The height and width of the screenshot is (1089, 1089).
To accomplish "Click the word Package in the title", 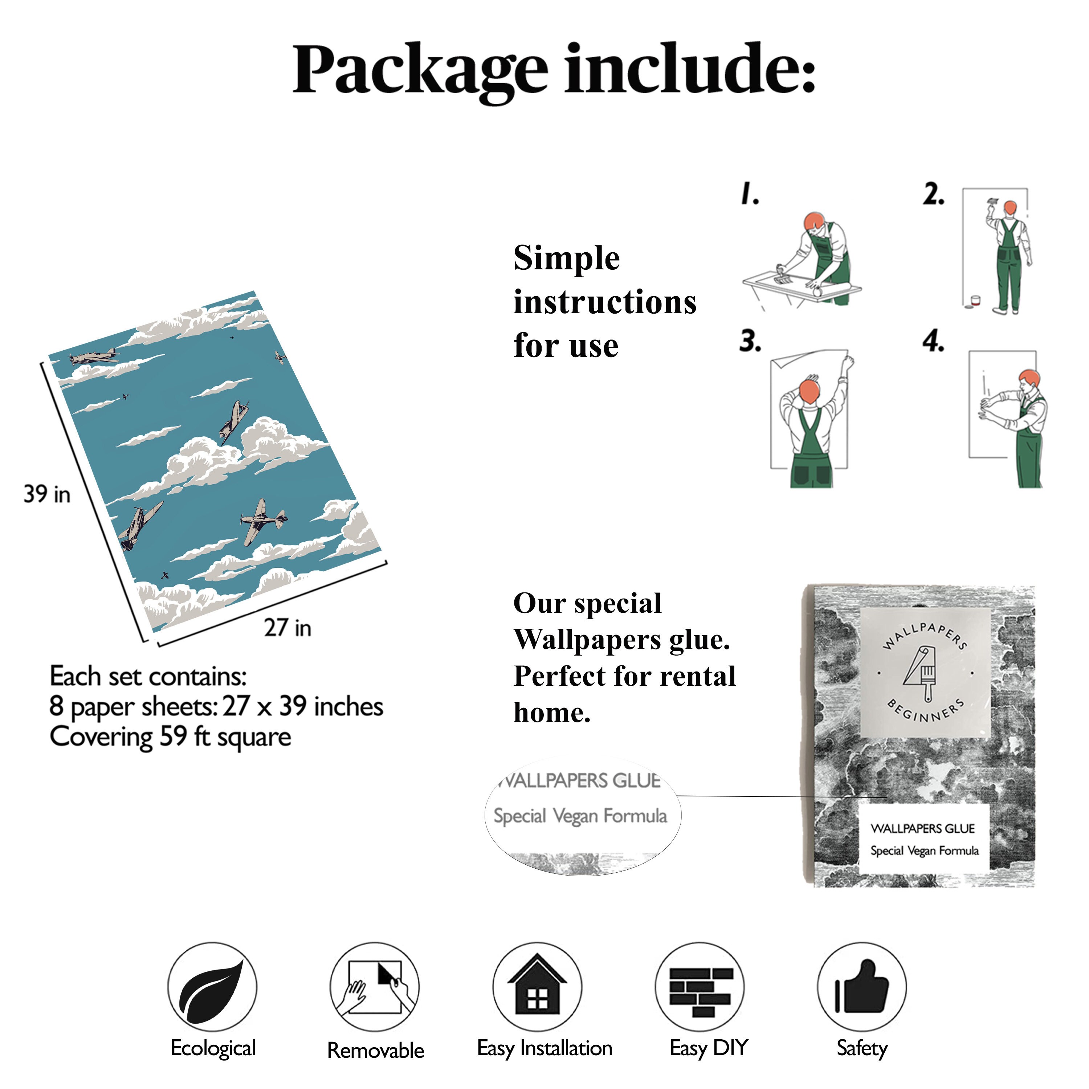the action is [420, 70].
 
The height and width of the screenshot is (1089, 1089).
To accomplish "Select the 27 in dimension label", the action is [287, 627].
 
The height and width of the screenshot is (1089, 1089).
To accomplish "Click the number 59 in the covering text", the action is [174, 736].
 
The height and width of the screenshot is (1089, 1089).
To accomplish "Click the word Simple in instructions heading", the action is [567, 258].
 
